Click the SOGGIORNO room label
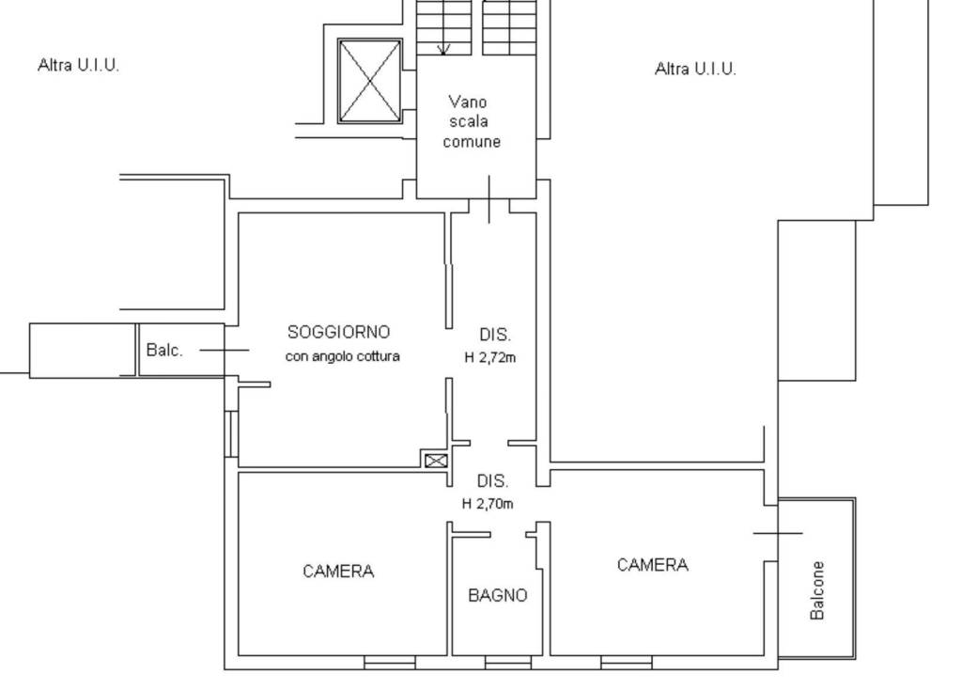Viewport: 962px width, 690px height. pyautogui.click(x=338, y=332)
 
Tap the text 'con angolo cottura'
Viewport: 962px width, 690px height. pyautogui.click(x=342, y=356)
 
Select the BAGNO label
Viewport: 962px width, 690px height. pyautogui.click(x=498, y=595)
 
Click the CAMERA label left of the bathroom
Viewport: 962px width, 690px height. pyautogui.click(x=338, y=572)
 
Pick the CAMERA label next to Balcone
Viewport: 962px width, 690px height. pyautogui.click(x=653, y=565)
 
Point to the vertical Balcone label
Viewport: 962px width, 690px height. pyautogui.click(x=817, y=590)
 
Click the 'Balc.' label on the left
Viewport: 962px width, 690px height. pyautogui.click(x=164, y=350)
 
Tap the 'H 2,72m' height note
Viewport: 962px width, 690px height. pyautogui.click(x=490, y=357)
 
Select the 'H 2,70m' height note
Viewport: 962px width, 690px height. pyautogui.click(x=488, y=504)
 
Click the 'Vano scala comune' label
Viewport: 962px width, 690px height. pyautogui.click(x=472, y=121)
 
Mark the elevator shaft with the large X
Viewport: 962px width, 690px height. pyautogui.click(x=370, y=81)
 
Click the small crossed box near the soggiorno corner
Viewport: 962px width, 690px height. pyautogui.click(x=436, y=461)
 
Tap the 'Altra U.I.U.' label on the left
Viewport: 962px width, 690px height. pyautogui.click(x=78, y=65)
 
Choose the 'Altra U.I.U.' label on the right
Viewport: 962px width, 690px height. pyautogui.click(x=695, y=68)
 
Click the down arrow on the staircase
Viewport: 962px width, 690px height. pyautogui.click(x=443, y=49)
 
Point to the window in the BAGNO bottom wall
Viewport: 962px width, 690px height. pyautogui.click(x=508, y=663)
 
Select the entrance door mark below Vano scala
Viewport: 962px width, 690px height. pyautogui.click(x=489, y=199)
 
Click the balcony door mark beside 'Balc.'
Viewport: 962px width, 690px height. pyautogui.click(x=225, y=350)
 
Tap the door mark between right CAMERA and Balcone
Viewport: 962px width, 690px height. pyautogui.click(x=778, y=533)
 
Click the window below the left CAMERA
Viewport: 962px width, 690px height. pyautogui.click(x=390, y=663)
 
